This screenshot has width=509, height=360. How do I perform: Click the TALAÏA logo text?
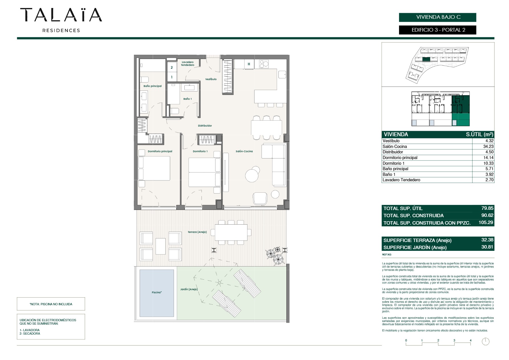click(x=61, y=15)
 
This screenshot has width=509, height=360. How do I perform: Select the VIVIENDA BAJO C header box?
click(x=437, y=17)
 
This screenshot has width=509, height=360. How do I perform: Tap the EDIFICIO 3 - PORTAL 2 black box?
click(x=437, y=30)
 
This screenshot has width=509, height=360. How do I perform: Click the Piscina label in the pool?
click(x=157, y=292)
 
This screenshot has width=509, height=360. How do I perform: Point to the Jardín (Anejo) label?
click(x=189, y=289)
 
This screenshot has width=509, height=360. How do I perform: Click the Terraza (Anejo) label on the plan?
click(x=197, y=232)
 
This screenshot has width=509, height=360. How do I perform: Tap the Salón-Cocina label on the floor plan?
click(x=244, y=151)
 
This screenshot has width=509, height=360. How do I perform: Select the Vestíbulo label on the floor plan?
click(x=211, y=79)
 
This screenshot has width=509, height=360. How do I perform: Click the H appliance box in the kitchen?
click(x=249, y=64)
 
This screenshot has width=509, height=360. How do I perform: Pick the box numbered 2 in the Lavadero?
click(x=172, y=68)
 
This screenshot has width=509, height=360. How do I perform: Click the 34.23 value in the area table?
click(x=488, y=147)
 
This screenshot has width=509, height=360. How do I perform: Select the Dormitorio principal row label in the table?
click(x=400, y=158)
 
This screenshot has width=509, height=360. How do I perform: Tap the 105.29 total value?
click(x=486, y=223)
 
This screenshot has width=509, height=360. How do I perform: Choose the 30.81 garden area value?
click(x=487, y=247)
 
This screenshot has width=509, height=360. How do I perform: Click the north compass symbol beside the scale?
click(x=486, y=341)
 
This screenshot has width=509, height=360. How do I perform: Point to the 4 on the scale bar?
click(x=471, y=340)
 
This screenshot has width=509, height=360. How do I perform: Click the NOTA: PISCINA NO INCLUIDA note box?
click(x=51, y=304)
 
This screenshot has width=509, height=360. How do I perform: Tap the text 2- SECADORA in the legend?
click(x=30, y=333)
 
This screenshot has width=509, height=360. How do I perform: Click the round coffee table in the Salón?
click(x=252, y=175)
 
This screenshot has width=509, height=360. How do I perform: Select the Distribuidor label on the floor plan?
click(x=205, y=126)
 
